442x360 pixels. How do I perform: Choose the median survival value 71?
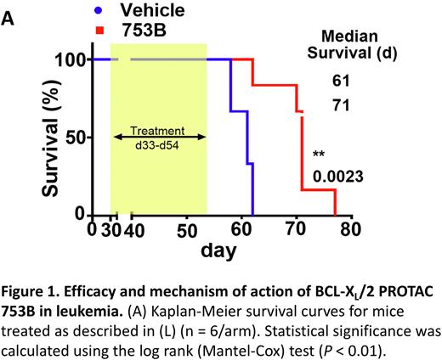[343, 105]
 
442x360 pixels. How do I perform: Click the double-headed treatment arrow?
[157, 135]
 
